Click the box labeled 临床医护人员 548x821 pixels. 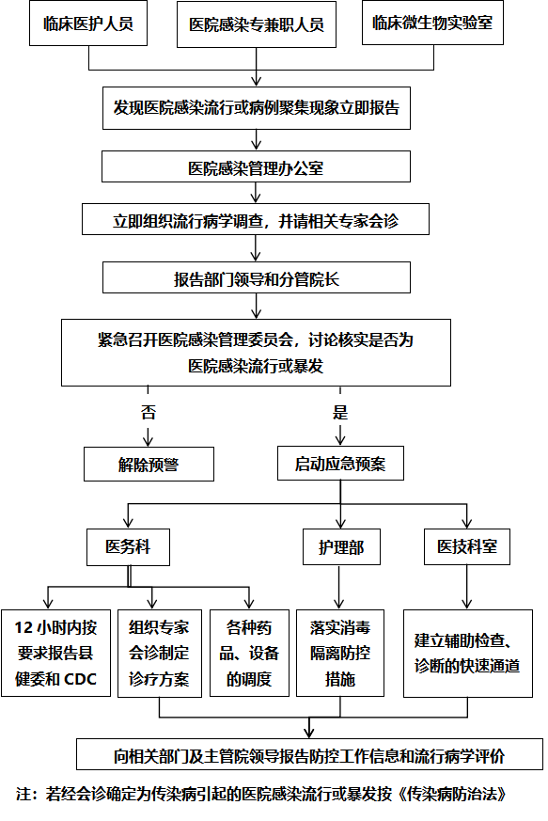pyautogui.click(x=88, y=24)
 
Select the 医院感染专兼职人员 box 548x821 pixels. pyautogui.click(x=257, y=24)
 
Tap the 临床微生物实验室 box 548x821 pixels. pyautogui.click(x=432, y=23)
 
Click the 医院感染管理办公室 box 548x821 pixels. pyautogui.click(x=256, y=167)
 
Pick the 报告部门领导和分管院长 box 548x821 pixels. pyautogui.click(x=257, y=277)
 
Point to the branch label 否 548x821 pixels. pyautogui.click(x=149, y=412)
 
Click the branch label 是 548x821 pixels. pyautogui.click(x=340, y=412)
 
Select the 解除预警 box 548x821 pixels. pyautogui.click(x=149, y=464)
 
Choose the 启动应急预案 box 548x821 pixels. pyautogui.click(x=340, y=464)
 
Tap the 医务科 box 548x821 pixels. pyautogui.click(x=128, y=547)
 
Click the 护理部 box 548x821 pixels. pyautogui.click(x=341, y=547)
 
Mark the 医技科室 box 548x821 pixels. pyautogui.click(x=467, y=546)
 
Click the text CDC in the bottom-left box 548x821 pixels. pyautogui.click(x=80, y=679)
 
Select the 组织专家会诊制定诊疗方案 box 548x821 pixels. pyautogui.click(x=160, y=653)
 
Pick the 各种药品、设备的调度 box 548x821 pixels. pyautogui.click(x=249, y=653)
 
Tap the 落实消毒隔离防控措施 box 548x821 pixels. pyautogui.click(x=340, y=653)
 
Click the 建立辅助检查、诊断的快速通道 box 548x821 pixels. pyautogui.click(x=468, y=653)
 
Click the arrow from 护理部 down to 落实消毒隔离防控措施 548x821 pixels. pyautogui.click(x=339, y=588)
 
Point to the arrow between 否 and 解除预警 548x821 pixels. pyautogui.click(x=149, y=434)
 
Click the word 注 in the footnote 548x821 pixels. pyautogui.click(x=23, y=794)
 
